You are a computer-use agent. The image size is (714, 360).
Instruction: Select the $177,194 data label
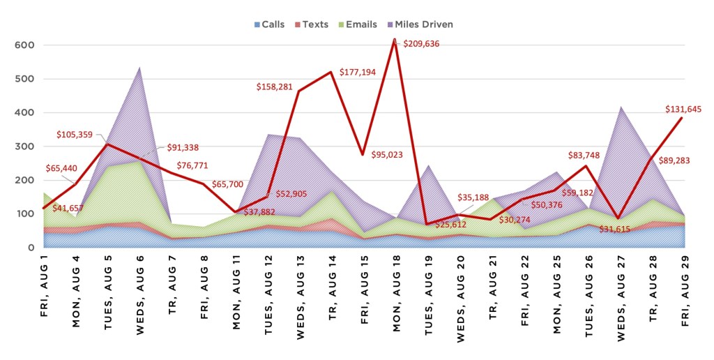pyautogui.click(x=362, y=73)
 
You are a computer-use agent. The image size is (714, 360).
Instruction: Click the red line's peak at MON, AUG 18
pyautogui.click(x=394, y=39)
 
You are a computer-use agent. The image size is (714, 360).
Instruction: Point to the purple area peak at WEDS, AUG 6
pyautogui.click(x=139, y=68)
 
